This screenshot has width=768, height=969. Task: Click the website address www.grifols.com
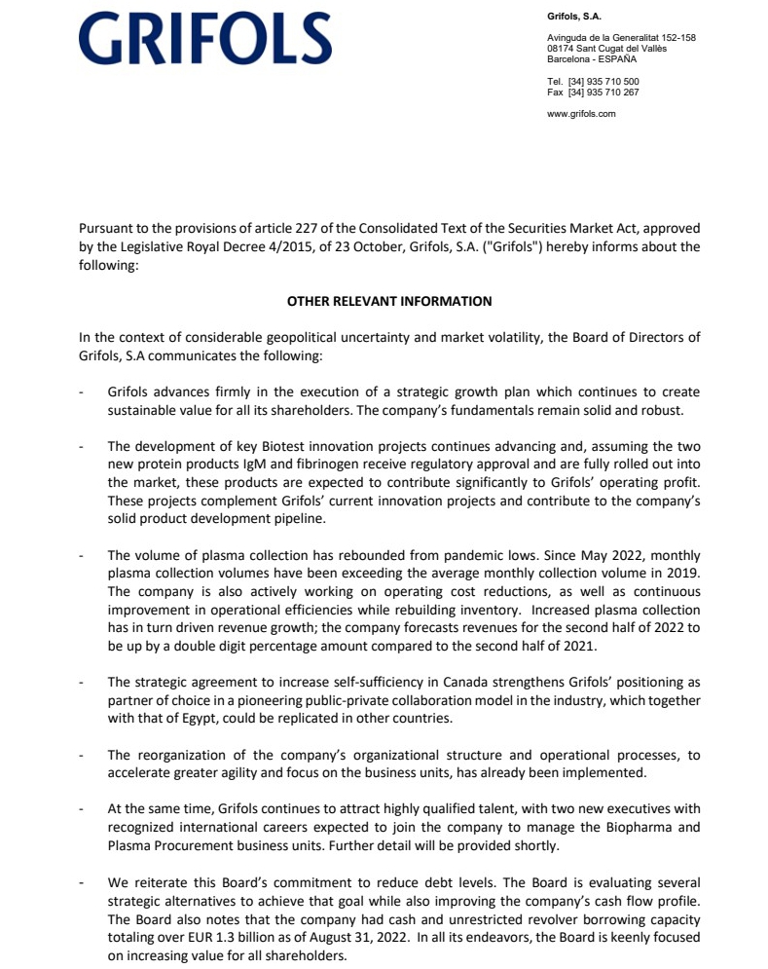click(x=581, y=114)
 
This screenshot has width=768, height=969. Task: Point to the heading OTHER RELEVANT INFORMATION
click(x=389, y=302)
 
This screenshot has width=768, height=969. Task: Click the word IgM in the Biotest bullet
click(x=258, y=464)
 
